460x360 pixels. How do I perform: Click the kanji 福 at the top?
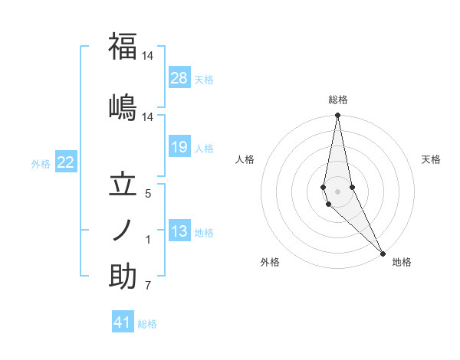pos(123,47)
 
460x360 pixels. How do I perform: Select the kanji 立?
pos(123,186)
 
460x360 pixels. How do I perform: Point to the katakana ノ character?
pos(123,230)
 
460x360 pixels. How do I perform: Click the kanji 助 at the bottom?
pos(123,277)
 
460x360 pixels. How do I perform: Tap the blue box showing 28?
pos(179,78)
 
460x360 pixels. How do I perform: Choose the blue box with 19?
pos(179,147)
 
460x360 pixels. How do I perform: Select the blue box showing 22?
pos(66,162)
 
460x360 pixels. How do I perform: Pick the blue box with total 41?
pos(123,322)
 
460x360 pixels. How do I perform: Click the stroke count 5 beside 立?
pos(148,195)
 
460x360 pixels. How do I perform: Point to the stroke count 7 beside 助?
pos(148,286)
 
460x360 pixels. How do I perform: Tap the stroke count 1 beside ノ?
pos(148,241)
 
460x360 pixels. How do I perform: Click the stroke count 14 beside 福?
pos(148,56)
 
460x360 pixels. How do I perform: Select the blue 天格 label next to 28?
pos(204,79)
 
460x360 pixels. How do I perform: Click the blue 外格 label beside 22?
pos(41,163)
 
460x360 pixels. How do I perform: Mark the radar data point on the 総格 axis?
pos(337,116)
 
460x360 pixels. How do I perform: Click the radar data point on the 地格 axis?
pos(383,253)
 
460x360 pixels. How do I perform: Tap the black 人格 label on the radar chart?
pos(245,159)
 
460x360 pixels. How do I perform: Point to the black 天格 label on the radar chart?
pos(431,159)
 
